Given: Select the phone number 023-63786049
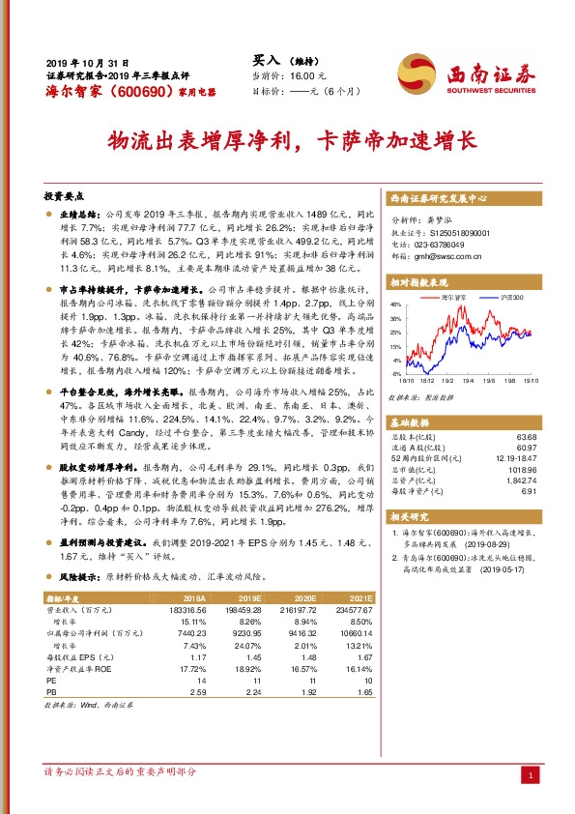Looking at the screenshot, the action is [x=452, y=245].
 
